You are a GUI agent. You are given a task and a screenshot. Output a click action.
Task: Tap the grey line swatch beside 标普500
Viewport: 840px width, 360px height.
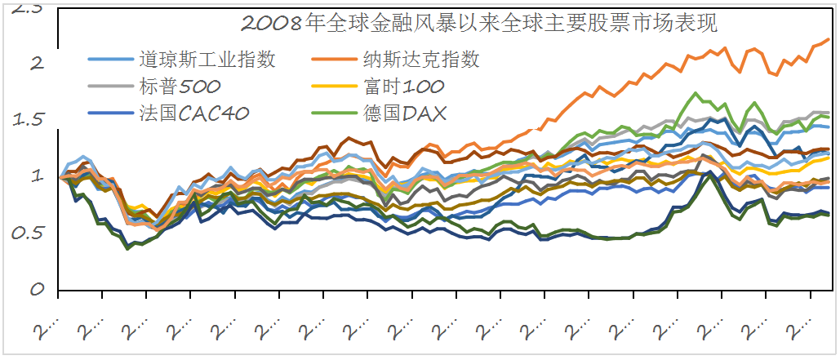point(110,86)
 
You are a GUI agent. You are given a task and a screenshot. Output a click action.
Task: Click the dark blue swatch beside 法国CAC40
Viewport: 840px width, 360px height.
point(110,113)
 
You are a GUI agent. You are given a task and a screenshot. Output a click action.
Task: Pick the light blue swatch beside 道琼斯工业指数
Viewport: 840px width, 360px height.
point(110,60)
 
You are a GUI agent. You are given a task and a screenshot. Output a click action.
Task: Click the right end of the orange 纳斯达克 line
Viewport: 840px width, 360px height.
point(829,39)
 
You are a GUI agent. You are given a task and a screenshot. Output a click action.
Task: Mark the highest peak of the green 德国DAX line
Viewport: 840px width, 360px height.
point(696,94)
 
